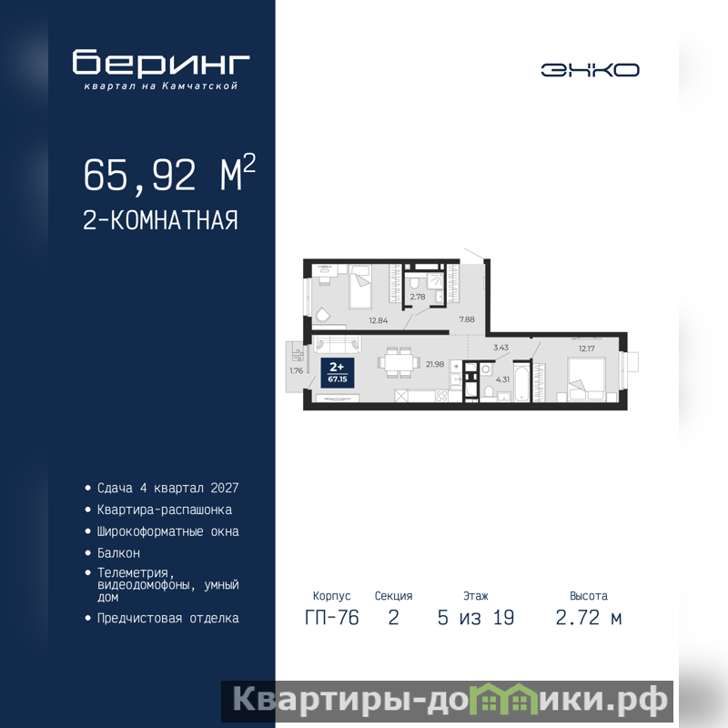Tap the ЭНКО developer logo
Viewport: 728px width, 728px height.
[590, 70]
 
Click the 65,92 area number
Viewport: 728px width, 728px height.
[139, 175]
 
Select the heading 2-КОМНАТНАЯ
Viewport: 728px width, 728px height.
[161, 220]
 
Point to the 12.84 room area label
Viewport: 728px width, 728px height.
[378, 320]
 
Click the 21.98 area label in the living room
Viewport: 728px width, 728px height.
[435, 365]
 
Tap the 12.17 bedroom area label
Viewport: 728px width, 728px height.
[586, 349]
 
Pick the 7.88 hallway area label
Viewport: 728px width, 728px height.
[467, 319]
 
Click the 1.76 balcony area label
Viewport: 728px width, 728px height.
[297, 370]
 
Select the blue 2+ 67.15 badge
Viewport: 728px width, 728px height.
[338, 373]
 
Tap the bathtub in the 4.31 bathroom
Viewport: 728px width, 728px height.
[521, 381]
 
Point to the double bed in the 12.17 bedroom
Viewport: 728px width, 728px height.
[587, 379]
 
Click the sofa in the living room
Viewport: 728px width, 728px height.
[338, 344]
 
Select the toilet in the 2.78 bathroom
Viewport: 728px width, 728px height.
[415, 282]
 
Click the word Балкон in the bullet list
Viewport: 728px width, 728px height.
[118, 553]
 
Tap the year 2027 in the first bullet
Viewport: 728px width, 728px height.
[225, 488]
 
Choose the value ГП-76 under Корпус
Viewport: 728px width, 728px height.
[332, 618]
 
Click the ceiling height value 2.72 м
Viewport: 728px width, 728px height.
[589, 618]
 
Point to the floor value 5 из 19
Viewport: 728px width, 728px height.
[476, 618]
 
